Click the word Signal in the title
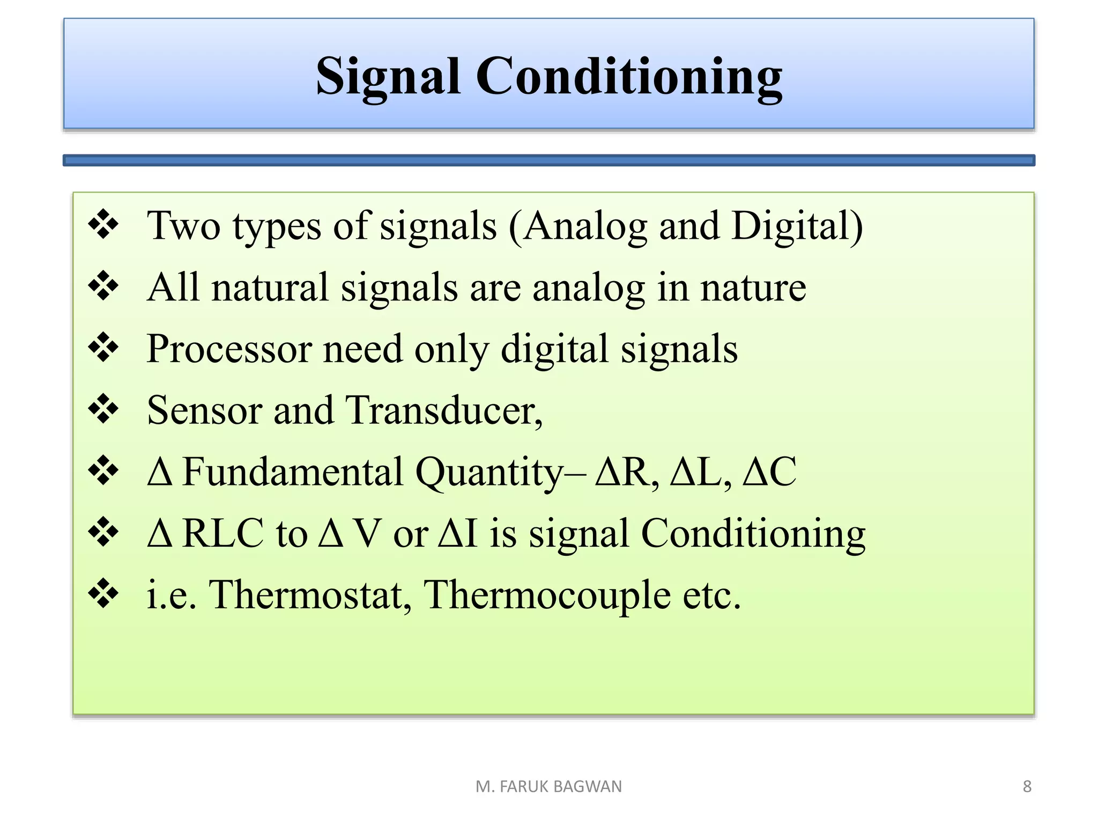(x=388, y=76)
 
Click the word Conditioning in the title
(x=629, y=76)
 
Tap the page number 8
(x=1027, y=786)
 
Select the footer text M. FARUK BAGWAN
(x=548, y=786)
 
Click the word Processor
(x=229, y=349)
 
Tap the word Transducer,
(x=444, y=410)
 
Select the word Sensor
(x=204, y=410)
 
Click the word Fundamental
(x=293, y=472)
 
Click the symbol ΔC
(x=769, y=472)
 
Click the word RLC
(x=222, y=534)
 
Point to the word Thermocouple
(x=547, y=595)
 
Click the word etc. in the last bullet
(x=711, y=595)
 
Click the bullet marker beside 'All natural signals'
(x=103, y=286)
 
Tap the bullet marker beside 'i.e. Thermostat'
(x=103, y=594)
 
